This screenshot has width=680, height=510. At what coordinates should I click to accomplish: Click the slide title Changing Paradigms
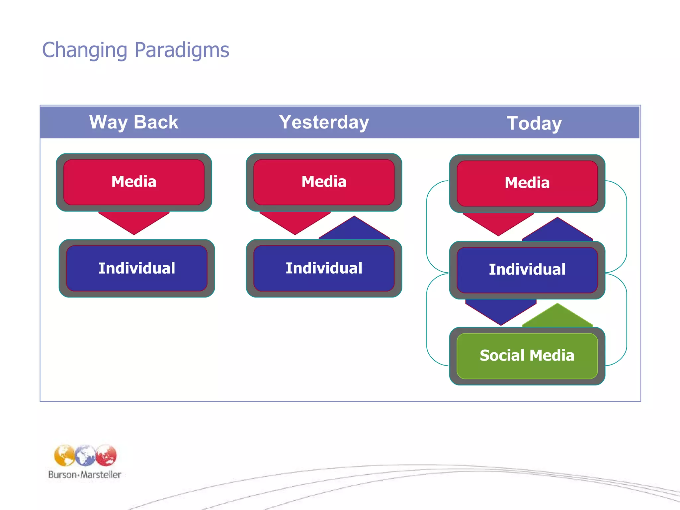[x=135, y=50]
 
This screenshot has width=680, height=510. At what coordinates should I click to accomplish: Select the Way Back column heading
[x=133, y=122]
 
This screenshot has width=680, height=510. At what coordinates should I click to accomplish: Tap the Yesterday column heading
[x=324, y=122]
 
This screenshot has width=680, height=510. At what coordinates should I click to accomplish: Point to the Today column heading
[x=534, y=124]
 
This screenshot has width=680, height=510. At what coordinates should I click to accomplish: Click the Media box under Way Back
[x=134, y=182]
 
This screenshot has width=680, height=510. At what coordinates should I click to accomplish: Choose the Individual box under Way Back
[x=137, y=268]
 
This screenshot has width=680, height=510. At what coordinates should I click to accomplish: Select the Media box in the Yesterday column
[x=324, y=182]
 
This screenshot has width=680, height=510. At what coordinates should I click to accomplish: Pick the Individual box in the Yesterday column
[x=324, y=268]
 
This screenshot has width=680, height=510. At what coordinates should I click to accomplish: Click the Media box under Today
[x=527, y=183]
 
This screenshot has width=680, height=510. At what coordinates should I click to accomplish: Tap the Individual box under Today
[x=527, y=269]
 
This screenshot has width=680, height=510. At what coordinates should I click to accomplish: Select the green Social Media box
[x=527, y=356]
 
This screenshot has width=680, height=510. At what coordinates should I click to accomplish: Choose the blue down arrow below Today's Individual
[x=501, y=310]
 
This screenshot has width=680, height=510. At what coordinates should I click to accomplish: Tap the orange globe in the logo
[x=64, y=456]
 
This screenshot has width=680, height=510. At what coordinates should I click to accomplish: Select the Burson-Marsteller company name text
[x=85, y=475]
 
